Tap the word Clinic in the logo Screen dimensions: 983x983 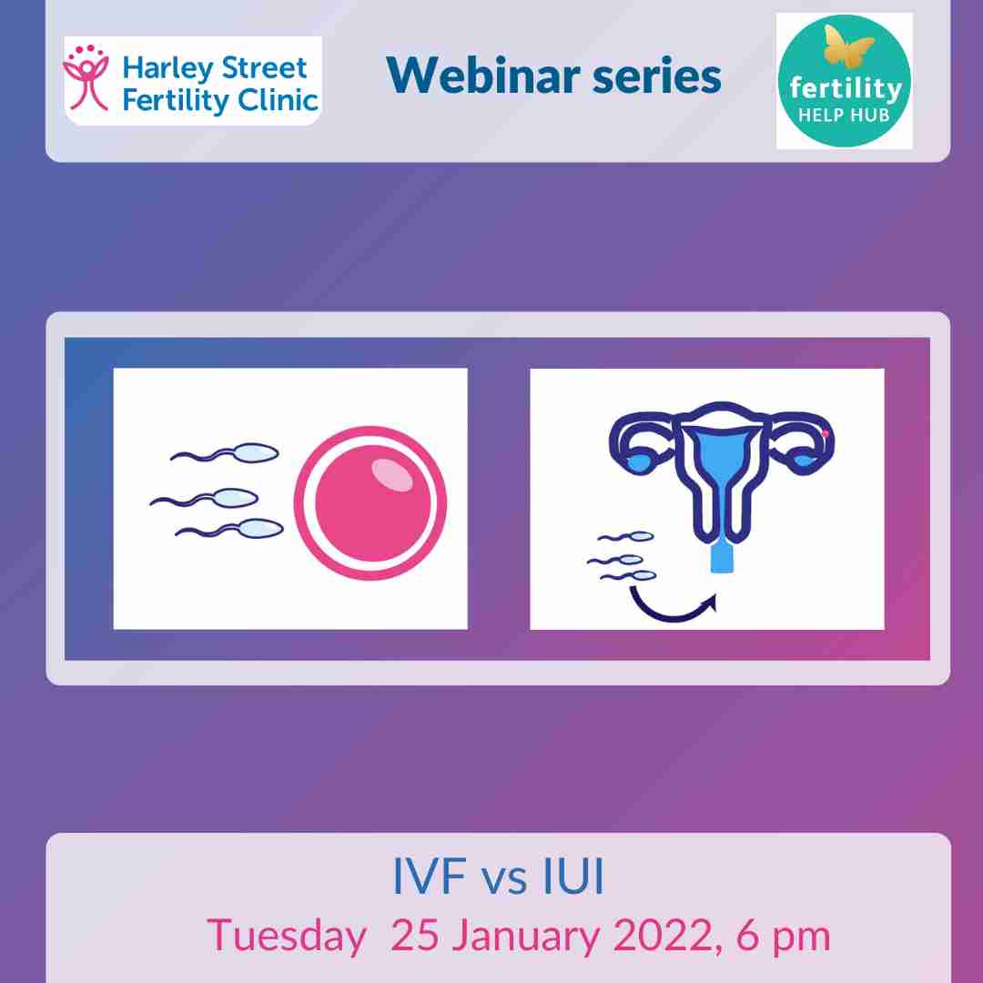pyautogui.click(x=275, y=99)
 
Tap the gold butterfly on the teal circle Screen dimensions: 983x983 pyautogui.click(x=845, y=47)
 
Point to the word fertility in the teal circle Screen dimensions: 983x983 pyautogui.click(x=844, y=88)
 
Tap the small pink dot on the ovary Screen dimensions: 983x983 pyautogui.click(x=825, y=434)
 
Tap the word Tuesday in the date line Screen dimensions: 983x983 pyautogui.click(x=286, y=936)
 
